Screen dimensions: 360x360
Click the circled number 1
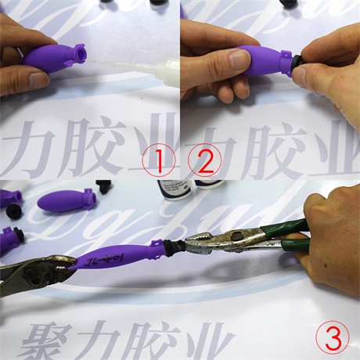tap(159, 161)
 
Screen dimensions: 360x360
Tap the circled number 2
tap(204, 161)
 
